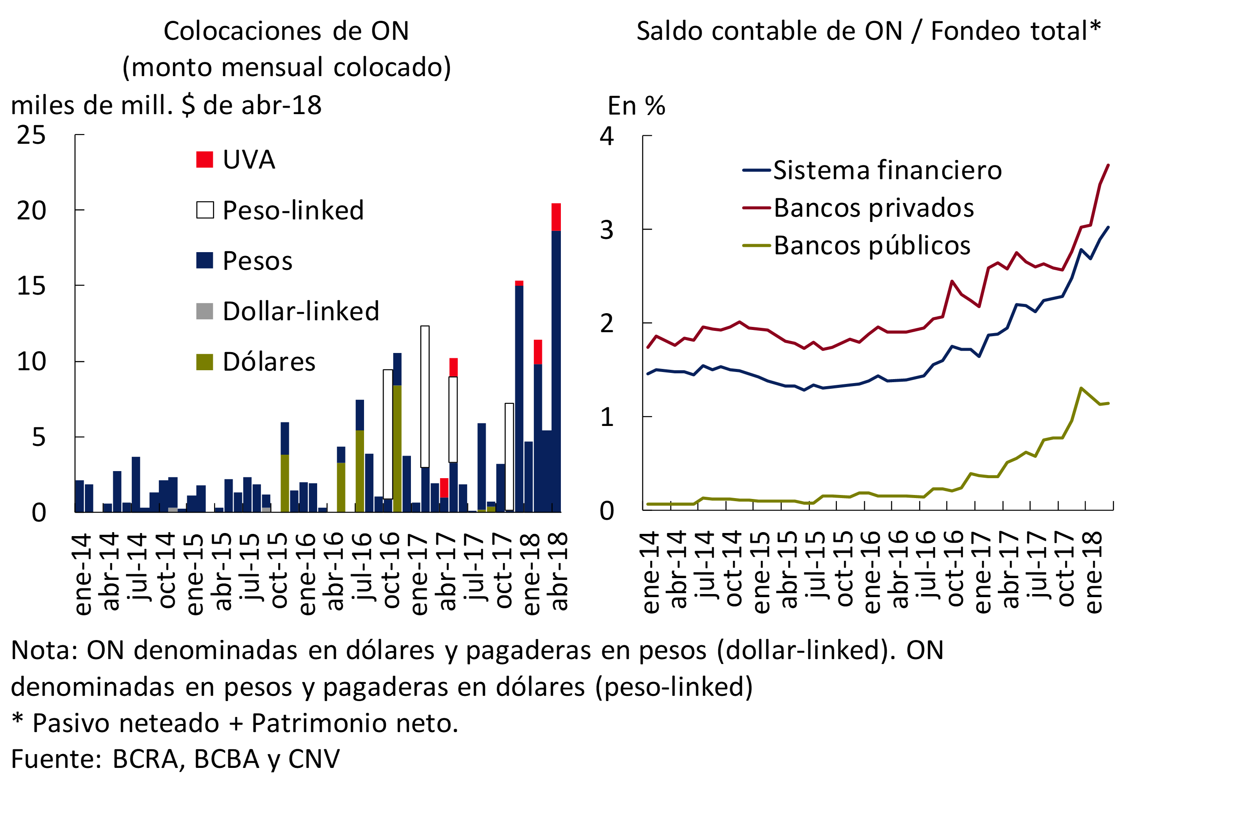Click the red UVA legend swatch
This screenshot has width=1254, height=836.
[x=205, y=159]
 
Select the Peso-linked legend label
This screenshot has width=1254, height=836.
[x=293, y=210]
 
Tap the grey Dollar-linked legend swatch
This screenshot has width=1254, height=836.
[x=205, y=311]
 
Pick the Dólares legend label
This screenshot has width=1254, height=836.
[x=269, y=362]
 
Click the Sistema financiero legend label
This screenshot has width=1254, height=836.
[x=887, y=171]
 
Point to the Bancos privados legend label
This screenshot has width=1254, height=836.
[x=873, y=208]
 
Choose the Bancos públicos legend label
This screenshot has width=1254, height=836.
[x=872, y=246]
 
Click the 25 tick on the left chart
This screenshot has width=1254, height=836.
[x=31, y=135]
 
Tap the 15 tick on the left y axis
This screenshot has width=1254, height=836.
[x=31, y=286]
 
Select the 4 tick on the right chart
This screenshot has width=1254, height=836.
[x=607, y=137]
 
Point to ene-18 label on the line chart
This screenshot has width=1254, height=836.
[x=1093, y=573]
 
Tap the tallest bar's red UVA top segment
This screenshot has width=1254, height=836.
[x=556, y=217]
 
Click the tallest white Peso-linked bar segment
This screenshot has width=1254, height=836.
[x=425, y=396]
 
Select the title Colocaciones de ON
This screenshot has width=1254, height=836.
[x=286, y=31]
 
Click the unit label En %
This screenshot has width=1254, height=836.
[x=636, y=106]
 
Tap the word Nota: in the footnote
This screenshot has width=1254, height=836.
[x=44, y=651]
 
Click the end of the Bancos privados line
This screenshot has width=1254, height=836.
[x=1108, y=165]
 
